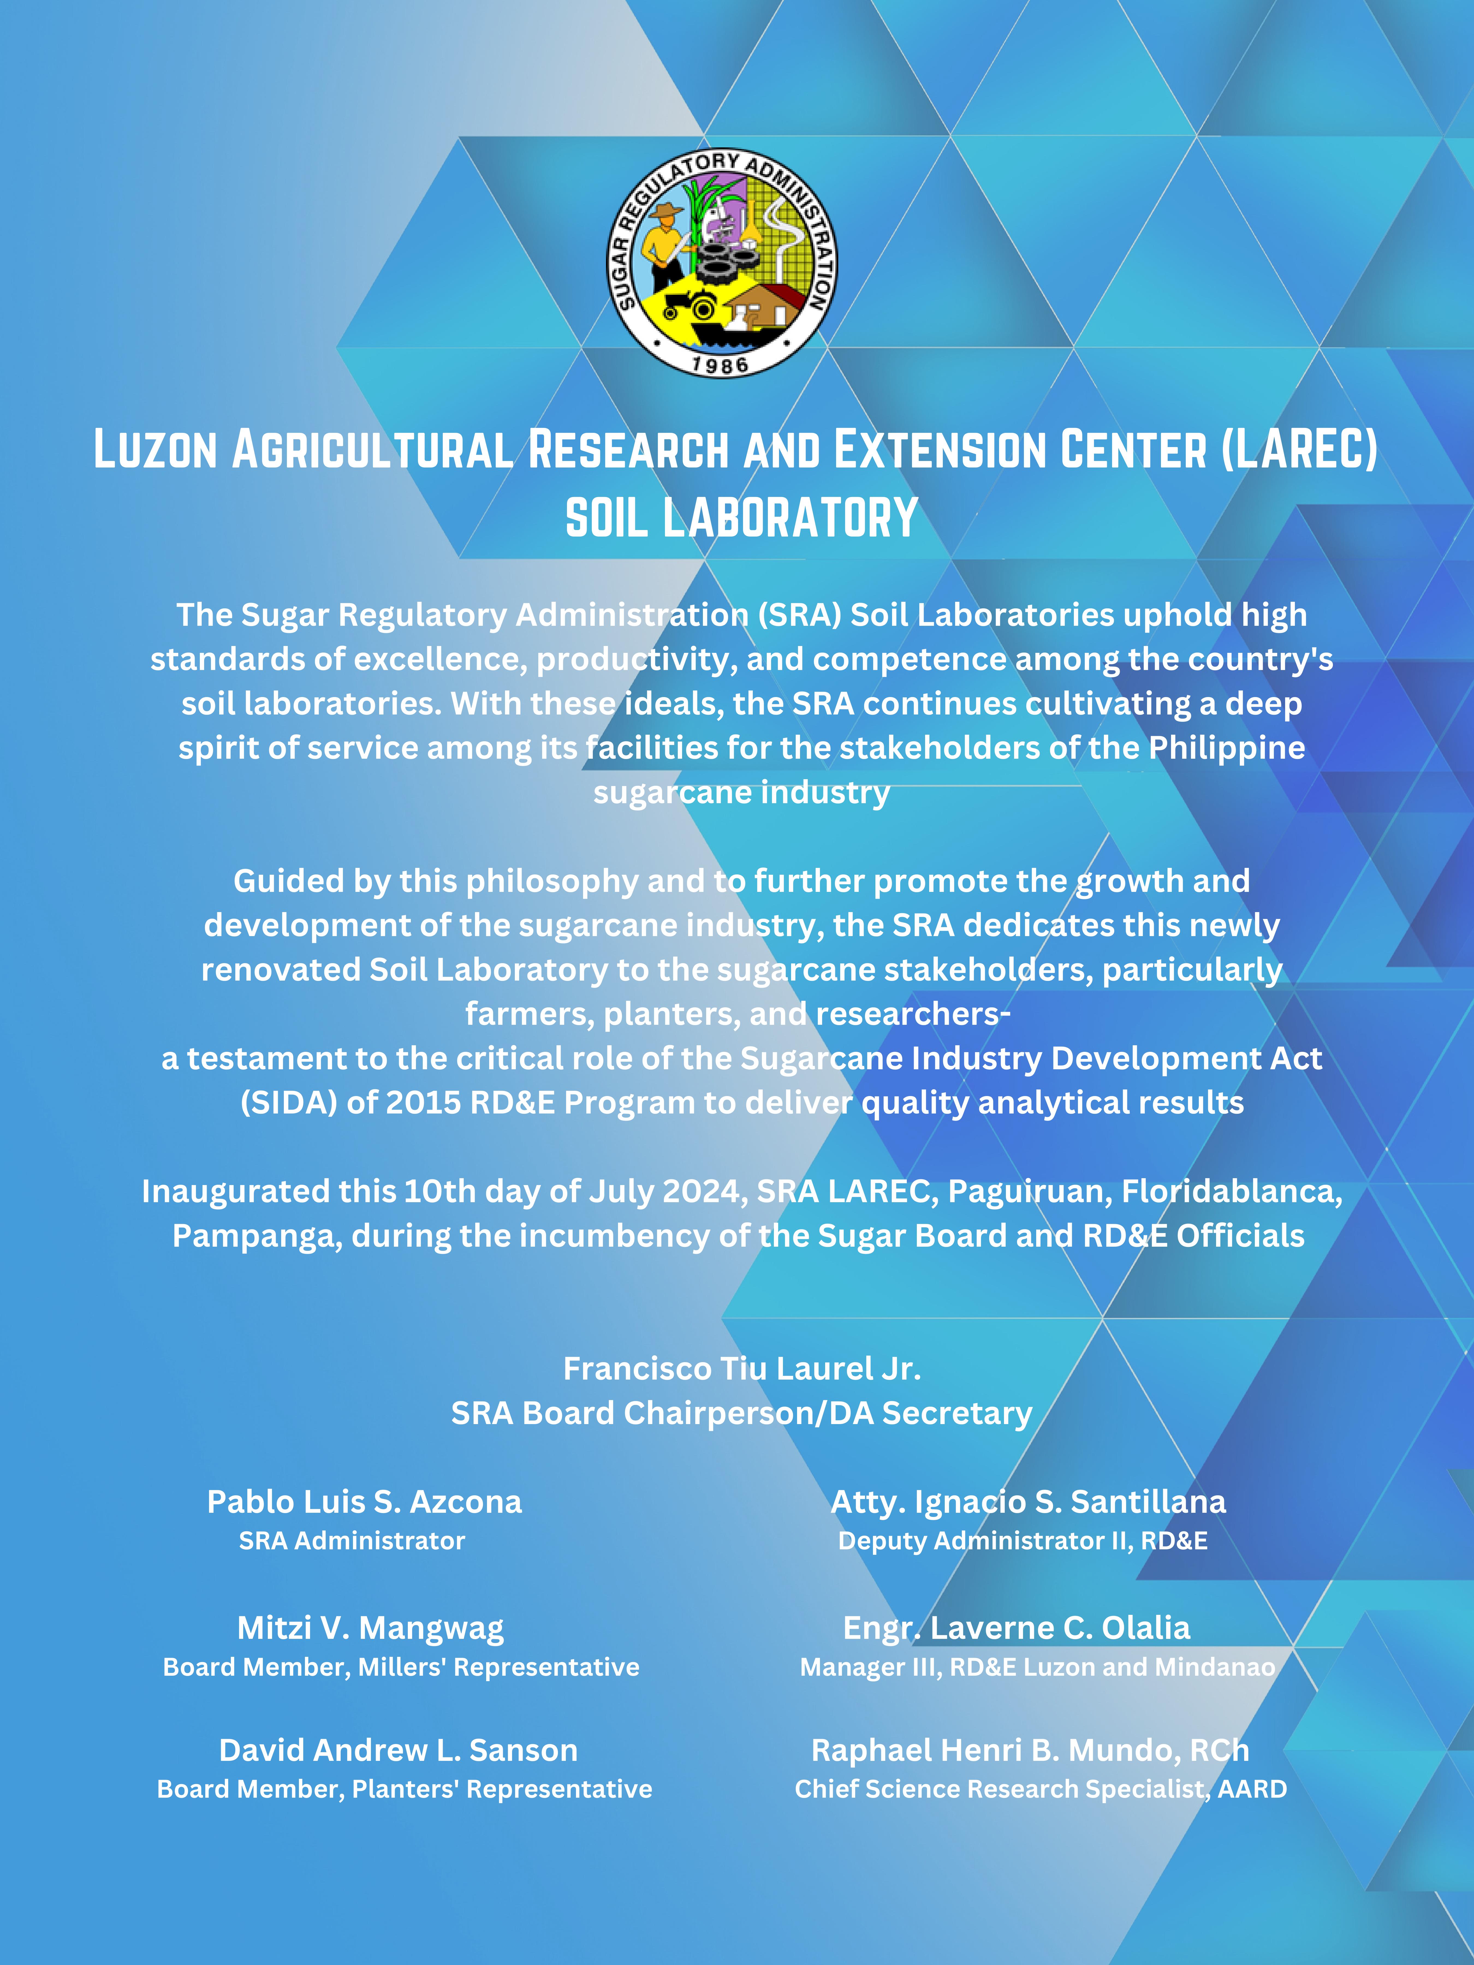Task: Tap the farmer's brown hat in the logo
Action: [x=665, y=212]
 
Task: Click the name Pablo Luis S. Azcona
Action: [x=364, y=1501]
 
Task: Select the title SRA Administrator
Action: [x=352, y=1540]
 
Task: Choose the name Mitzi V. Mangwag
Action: [x=370, y=1627]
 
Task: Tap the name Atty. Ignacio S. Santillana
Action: [x=1028, y=1501]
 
